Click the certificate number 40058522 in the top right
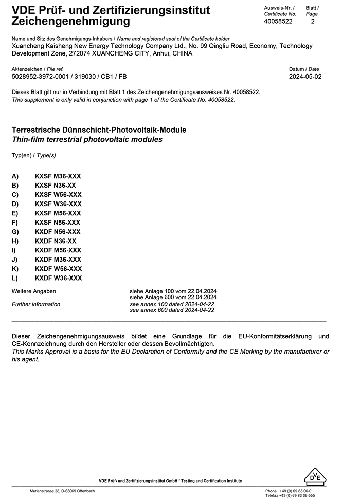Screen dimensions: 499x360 tap(278, 22)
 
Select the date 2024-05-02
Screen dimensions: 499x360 tap(305, 77)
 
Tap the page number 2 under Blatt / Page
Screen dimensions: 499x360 tap(313, 22)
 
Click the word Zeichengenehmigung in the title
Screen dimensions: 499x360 tap(70, 22)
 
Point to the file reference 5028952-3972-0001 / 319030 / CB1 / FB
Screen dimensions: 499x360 tap(69, 77)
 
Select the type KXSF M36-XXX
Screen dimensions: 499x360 tap(58, 176)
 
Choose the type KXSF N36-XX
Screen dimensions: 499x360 tap(56, 186)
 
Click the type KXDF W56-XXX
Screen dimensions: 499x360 tap(58, 269)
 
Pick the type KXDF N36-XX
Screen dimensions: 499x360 tap(56, 241)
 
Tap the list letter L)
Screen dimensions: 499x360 tap(15, 278)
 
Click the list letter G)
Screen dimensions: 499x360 tap(15, 232)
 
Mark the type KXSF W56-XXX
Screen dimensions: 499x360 tap(58, 195)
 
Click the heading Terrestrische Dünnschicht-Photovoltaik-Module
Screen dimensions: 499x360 tap(99, 130)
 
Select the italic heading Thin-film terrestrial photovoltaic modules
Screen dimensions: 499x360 tap(87, 139)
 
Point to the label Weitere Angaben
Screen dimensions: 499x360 tap(34, 291)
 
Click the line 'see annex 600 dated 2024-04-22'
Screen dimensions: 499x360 tap(172, 310)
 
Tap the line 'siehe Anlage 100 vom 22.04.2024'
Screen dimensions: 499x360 tap(173, 291)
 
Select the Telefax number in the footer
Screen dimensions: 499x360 tap(290, 496)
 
